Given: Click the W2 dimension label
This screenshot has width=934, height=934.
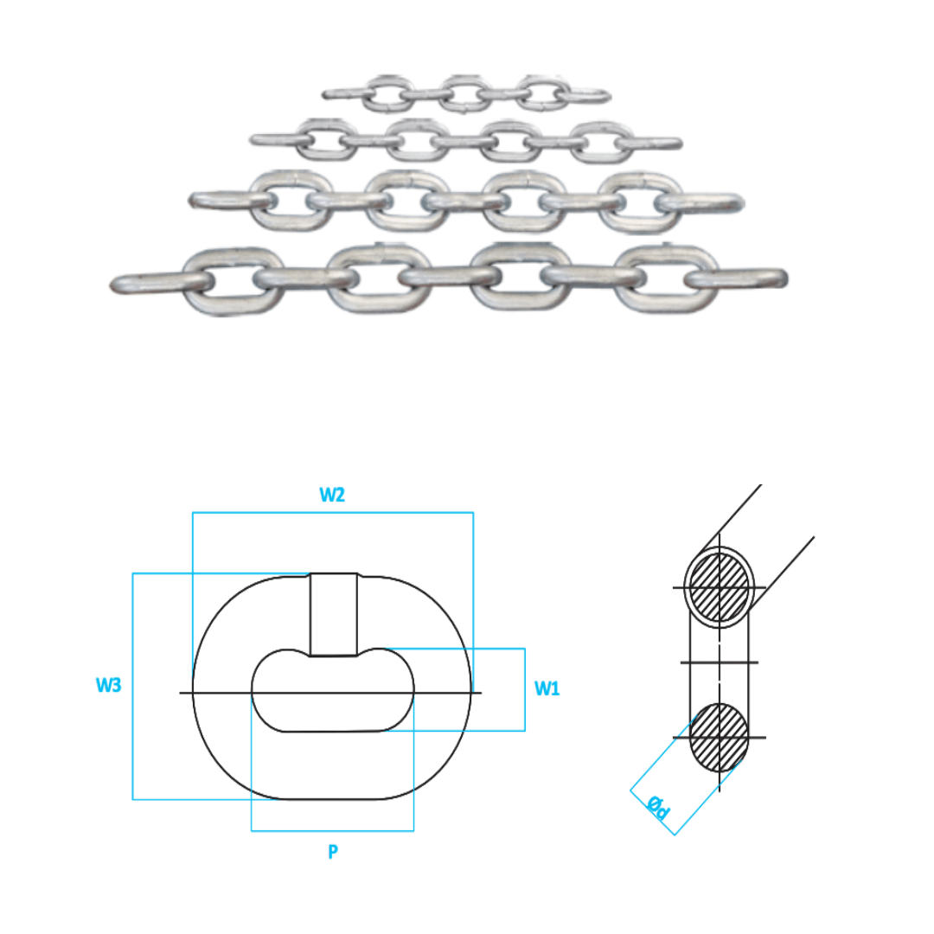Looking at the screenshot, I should [332, 495].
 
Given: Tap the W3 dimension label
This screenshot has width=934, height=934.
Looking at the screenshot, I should [108, 686].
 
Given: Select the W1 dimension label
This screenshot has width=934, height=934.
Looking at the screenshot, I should [547, 689].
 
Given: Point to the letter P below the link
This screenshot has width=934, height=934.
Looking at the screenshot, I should [332, 853].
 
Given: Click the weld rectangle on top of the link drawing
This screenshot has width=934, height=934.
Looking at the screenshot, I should [334, 614].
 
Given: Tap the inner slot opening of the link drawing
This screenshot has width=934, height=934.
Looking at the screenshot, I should [332, 690].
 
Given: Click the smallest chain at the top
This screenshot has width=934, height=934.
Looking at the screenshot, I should [467, 93].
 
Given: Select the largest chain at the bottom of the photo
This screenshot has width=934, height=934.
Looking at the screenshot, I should [450, 278].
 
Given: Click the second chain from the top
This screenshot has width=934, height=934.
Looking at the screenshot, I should [467, 140].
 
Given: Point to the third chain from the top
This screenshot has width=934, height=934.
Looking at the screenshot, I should [467, 201].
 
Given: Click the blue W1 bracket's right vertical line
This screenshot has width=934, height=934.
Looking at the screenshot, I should [525, 689].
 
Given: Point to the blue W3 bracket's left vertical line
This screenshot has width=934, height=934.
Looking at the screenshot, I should [132, 686].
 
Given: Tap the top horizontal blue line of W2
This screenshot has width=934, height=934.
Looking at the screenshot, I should [332, 513].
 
